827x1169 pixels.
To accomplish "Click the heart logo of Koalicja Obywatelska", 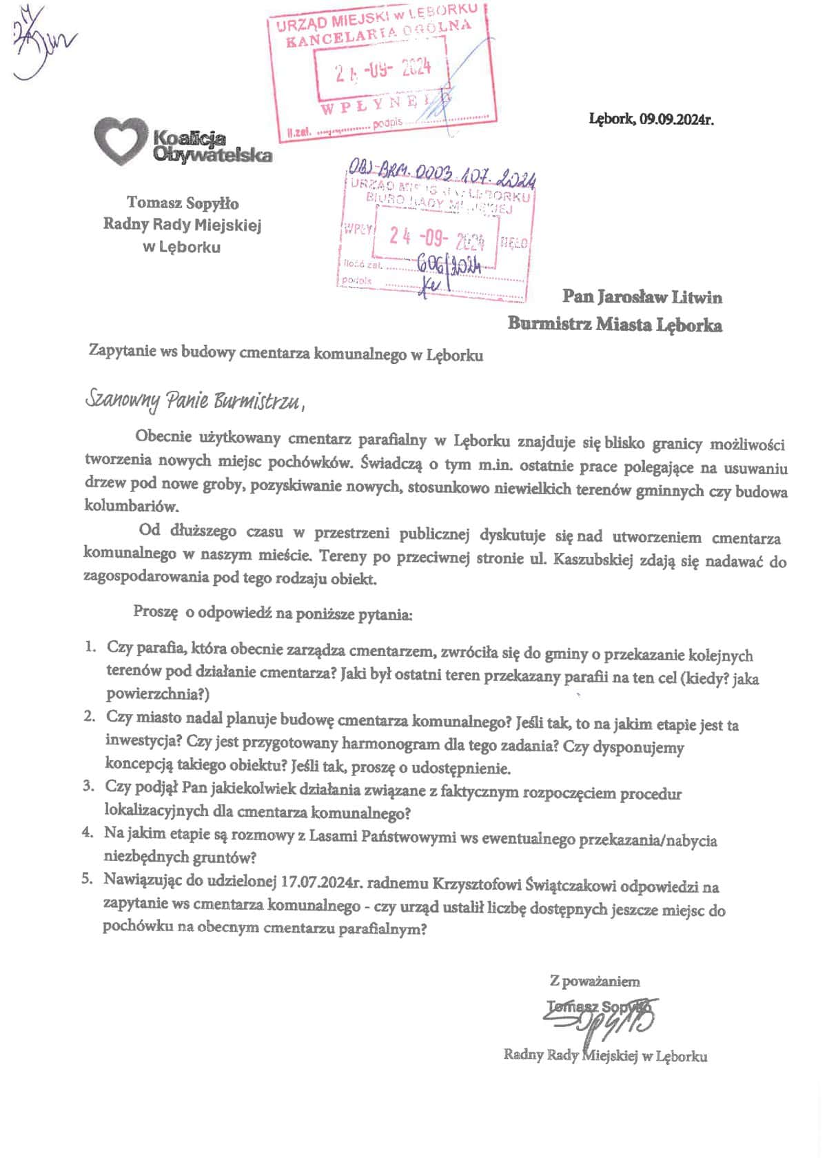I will click(121, 140).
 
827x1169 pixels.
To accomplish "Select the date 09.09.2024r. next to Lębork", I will click(676, 119).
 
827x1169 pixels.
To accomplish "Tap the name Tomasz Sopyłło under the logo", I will click(183, 203).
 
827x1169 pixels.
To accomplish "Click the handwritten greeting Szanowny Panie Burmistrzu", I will click(194, 400).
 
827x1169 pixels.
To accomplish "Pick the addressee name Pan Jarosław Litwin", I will click(642, 297).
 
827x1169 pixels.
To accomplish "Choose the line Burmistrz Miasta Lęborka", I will click(615, 324).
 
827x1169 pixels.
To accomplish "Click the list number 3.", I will click(88, 786).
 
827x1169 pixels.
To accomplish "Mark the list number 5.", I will click(87, 880).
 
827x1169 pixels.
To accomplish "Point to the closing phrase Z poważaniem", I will click(595, 981).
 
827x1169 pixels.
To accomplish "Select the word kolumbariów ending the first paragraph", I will click(131, 506).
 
